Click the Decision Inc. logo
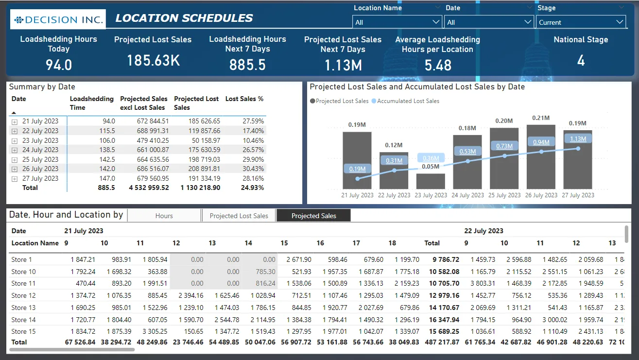pos(58,20)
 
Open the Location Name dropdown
pos(397,22)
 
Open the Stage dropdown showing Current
pos(581,22)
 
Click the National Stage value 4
pos(581,61)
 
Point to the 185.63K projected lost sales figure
pos(153,61)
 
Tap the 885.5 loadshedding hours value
pos(247,65)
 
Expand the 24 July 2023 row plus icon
pos(15,150)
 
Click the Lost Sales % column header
pos(244,99)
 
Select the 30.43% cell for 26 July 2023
pos(253,169)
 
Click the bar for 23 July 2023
pos(431,181)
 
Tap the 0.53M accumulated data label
pos(467,152)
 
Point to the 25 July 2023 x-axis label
pos(504,195)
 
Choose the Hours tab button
pos(164,216)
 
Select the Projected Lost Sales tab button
pos(239,216)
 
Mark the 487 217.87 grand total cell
pos(441,342)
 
